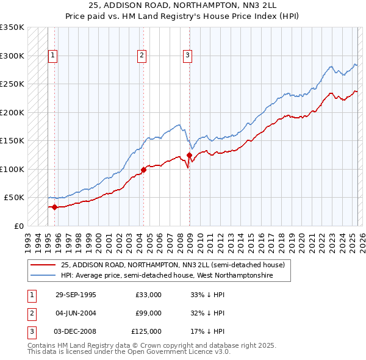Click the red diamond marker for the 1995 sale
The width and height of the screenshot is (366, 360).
click(55, 207)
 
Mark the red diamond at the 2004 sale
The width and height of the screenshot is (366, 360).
click(143, 170)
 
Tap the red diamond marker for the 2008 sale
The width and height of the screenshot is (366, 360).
click(189, 155)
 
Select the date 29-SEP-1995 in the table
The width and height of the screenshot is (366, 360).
click(76, 295)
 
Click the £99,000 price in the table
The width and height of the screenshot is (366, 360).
click(149, 313)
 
